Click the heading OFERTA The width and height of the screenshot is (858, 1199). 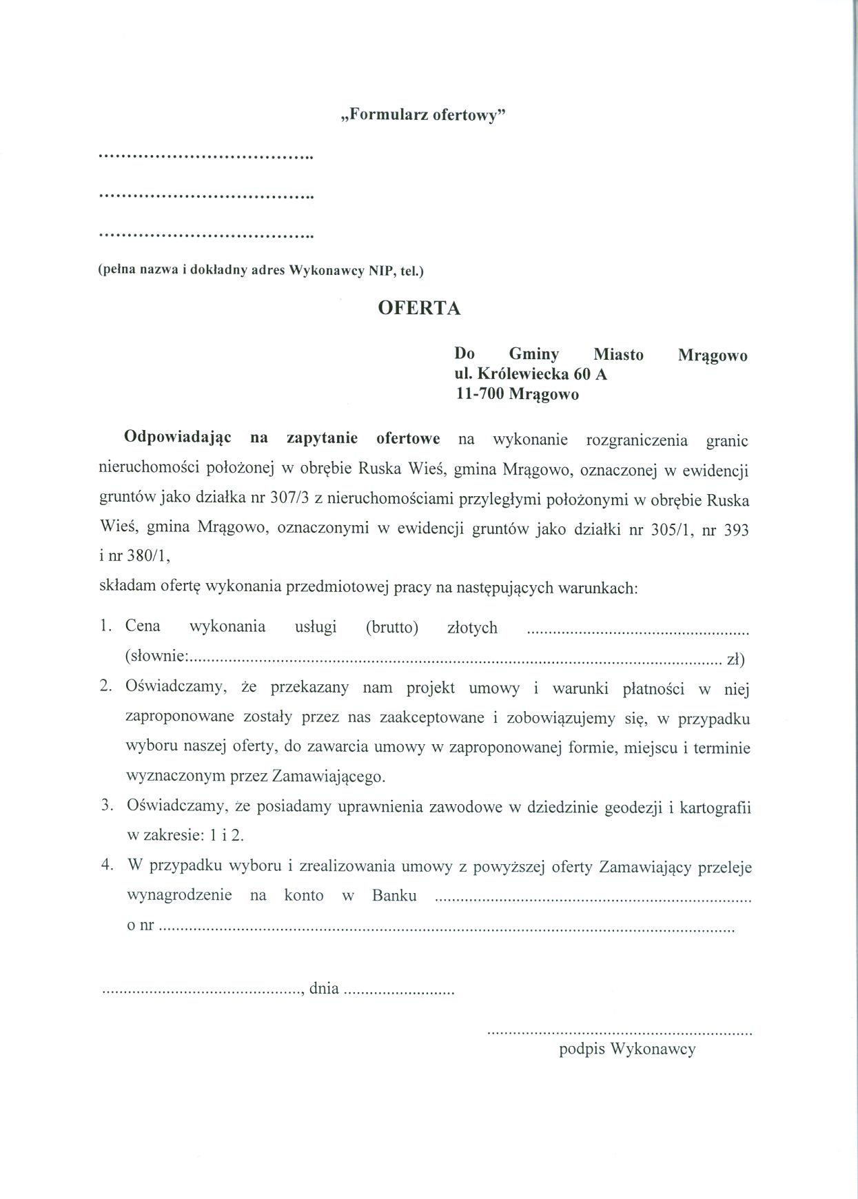point(419,308)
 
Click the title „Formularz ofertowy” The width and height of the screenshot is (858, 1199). point(423,115)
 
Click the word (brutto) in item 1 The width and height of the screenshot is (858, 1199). point(392,628)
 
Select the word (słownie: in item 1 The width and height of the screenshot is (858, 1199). point(156,657)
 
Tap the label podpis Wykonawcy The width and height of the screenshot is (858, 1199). point(627,1049)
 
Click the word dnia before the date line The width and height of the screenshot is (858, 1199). point(324,989)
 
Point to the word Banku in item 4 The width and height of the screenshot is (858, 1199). point(394,895)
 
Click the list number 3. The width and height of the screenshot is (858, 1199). point(106,806)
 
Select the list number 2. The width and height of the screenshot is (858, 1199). point(105,686)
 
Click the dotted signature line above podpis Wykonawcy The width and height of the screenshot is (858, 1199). point(619,1032)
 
